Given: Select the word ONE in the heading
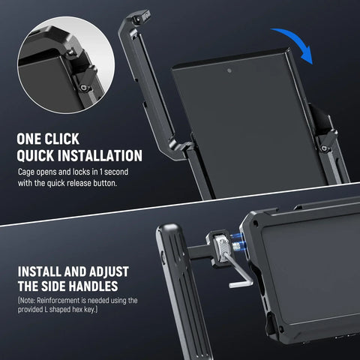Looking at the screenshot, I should pos(33,139).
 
